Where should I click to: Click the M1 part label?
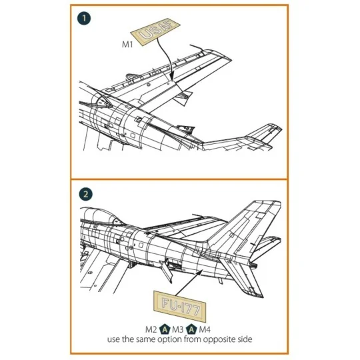pyautogui.click(x=128, y=45)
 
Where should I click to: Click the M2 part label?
pyautogui.click(x=151, y=329)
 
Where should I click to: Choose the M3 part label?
pyautogui.click(x=177, y=329)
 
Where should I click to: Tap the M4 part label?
pyautogui.click(x=204, y=329)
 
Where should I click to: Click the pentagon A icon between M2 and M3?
pyautogui.click(x=165, y=329)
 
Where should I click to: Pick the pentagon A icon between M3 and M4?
pyautogui.click(x=191, y=329)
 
